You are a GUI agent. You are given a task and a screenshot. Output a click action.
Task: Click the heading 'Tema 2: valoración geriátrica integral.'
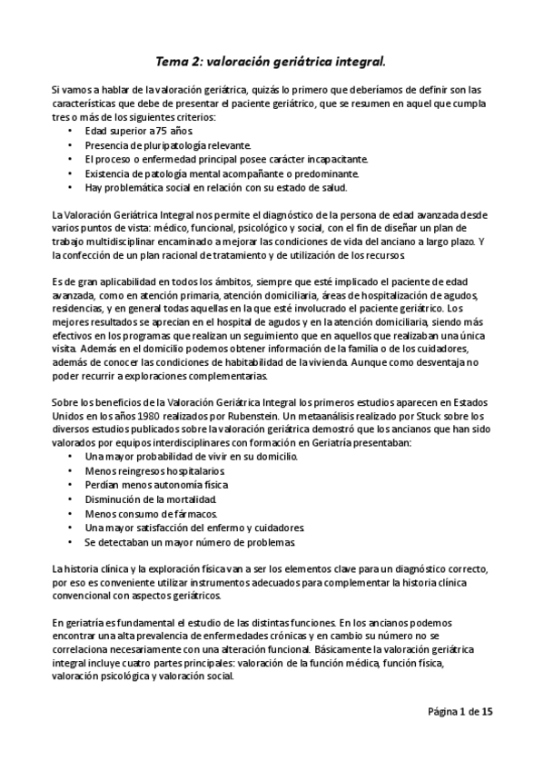[272, 62]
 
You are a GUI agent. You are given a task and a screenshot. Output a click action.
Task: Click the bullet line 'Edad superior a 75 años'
[124, 131]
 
